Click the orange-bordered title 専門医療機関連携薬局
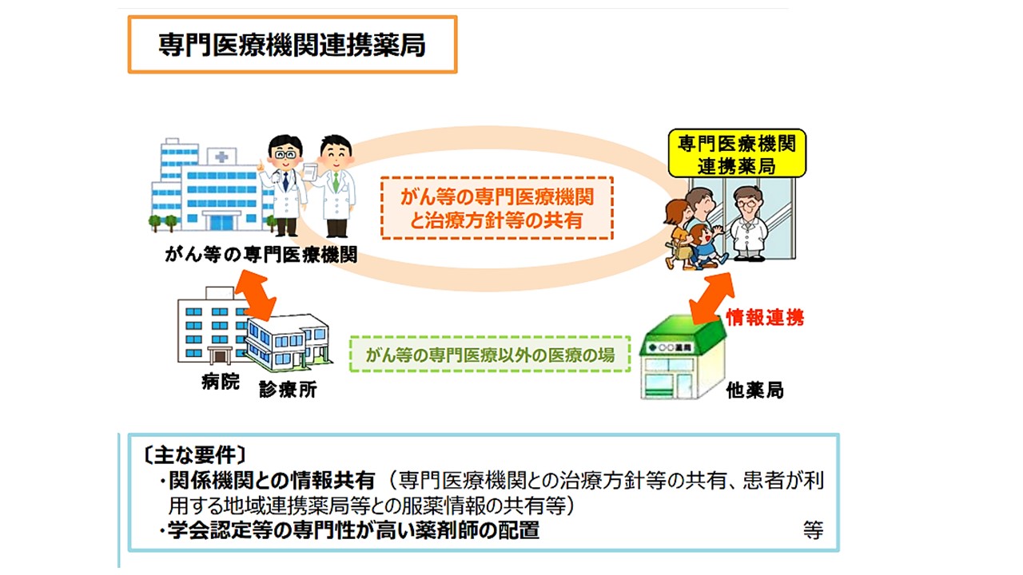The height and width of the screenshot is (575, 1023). (293, 45)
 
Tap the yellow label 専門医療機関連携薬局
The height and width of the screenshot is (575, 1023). (737, 153)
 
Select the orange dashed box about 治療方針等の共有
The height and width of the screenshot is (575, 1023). (497, 208)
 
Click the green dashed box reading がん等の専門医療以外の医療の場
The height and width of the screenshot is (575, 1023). (490, 355)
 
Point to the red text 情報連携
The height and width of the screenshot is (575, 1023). (765, 318)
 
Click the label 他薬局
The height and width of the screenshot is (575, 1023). (754, 391)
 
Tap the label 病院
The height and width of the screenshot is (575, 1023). (221, 382)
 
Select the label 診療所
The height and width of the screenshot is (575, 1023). (288, 390)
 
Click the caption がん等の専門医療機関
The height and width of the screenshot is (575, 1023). (261, 255)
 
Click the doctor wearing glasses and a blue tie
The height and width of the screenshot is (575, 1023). (284, 186)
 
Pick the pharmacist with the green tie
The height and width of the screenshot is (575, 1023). (334, 186)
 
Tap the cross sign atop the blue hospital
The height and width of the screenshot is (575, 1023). (221, 157)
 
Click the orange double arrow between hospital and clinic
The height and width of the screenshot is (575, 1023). (256, 295)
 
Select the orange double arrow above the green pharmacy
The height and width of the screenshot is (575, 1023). (711, 298)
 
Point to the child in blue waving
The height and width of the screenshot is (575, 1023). (705, 247)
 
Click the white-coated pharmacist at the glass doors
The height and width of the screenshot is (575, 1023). (748, 224)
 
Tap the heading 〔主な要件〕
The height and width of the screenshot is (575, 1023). (194, 455)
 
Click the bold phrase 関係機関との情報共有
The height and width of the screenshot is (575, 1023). (272, 480)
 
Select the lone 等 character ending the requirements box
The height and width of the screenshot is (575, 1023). (813, 530)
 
